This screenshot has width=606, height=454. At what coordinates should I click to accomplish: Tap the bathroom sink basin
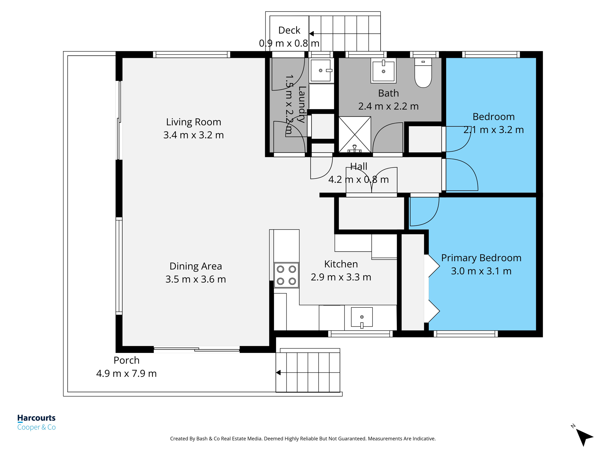(x=383, y=71)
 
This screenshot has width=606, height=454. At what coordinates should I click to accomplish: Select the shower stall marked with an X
(x=354, y=134)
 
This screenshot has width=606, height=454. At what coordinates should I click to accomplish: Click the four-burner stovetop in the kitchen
(x=286, y=275)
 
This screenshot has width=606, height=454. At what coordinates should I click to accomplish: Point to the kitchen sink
(x=362, y=317)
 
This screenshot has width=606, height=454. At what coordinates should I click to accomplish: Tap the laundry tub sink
(x=320, y=70)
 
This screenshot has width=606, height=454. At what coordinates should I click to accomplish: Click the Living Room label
(x=194, y=122)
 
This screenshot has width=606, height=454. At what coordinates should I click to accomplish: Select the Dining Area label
(x=196, y=266)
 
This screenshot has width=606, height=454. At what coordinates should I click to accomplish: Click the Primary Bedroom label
(x=481, y=258)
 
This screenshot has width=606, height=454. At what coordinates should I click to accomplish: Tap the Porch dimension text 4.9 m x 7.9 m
(x=126, y=373)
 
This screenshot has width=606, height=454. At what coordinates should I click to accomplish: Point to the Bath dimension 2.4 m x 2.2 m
(x=388, y=106)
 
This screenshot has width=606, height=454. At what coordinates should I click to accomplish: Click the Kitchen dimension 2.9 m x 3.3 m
(x=341, y=277)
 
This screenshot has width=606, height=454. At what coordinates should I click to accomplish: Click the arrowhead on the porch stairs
(x=278, y=372)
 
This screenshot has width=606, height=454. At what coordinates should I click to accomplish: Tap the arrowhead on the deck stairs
(x=311, y=34)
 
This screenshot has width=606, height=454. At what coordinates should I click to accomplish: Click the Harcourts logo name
(x=36, y=418)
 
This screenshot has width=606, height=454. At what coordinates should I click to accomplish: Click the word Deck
(x=289, y=30)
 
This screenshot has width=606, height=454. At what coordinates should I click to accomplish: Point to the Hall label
(x=359, y=166)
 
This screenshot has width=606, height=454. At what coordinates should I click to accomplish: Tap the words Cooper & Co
(x=36, y=427)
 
